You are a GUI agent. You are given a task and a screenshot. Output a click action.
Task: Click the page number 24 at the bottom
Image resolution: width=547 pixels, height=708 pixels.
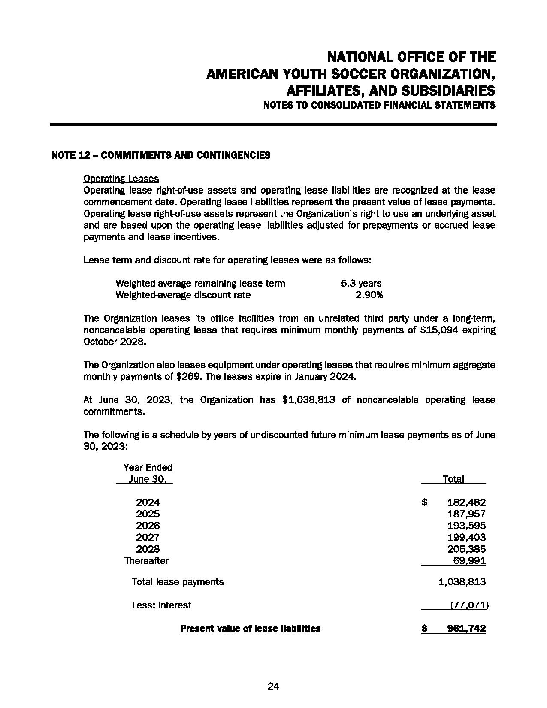pos(273,686)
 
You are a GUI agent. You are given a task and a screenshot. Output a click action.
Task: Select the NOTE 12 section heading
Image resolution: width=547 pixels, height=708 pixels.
pos(160,155)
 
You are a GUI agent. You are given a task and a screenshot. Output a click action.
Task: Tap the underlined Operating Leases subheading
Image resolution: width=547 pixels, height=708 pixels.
pos(121,179)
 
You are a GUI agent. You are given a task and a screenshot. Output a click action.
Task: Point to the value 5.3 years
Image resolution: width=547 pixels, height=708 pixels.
pos(361,283)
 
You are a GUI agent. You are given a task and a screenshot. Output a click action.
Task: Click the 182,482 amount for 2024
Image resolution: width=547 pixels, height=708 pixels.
pos(466,502)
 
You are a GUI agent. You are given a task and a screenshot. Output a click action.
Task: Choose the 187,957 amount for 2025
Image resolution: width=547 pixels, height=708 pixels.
pos(466,514)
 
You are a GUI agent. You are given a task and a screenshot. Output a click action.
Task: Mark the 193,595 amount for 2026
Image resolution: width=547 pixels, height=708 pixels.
pos(466,526)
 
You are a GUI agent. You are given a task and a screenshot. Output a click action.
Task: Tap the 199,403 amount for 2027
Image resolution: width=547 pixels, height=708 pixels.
pos(466,537)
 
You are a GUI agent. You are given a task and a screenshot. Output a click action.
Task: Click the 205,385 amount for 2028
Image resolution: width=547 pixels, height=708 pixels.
pos(466,549)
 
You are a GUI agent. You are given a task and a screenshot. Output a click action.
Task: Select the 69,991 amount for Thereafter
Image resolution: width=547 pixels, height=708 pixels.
pos(469,560)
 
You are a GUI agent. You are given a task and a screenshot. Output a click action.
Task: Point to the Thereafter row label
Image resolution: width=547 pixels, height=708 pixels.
pos(146,560)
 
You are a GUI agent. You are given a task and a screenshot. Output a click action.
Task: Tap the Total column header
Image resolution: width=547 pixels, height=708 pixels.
pos(453,479)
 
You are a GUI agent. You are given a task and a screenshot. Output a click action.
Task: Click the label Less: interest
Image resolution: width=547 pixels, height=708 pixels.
pos(161,605)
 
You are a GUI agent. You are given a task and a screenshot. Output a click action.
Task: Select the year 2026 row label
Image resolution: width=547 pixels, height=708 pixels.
pos(148,526)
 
